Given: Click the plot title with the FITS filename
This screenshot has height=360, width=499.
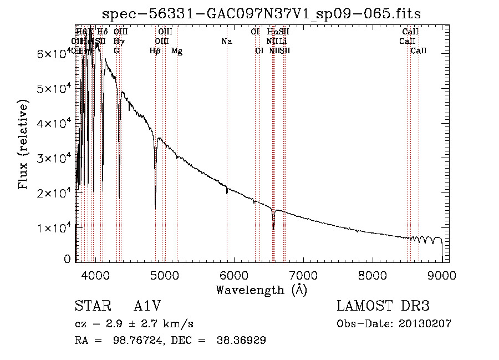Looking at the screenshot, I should click(262, 13).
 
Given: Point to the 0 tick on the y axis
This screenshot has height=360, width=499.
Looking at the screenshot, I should click(68, 259).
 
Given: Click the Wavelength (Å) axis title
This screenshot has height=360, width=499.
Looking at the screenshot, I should click(262, 290).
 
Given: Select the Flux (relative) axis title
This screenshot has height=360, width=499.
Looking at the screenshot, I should click(24, 145).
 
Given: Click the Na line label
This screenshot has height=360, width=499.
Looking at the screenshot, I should click(226, 42).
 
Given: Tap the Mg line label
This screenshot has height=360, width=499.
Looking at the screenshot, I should click(177, 51).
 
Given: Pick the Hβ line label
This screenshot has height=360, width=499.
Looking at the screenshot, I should click(155, 51).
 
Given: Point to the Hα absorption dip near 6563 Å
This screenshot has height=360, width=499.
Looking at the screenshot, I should click(273, 227).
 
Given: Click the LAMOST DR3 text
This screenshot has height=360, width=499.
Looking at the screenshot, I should click(383, 307).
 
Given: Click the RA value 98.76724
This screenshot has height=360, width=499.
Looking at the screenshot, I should click(138, 341).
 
